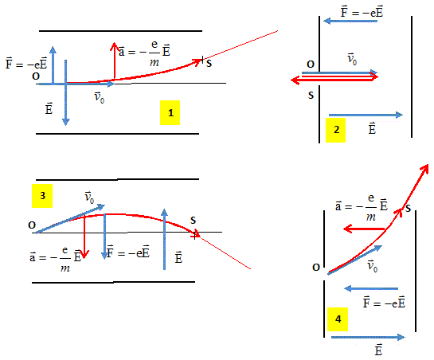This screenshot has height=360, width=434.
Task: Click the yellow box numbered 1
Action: pyautogui.click(x=170, y=113)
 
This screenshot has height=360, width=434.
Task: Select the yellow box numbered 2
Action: pyautogui.click(x=335, y=130)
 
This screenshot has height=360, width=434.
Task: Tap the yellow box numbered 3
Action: pyautogui.click(x=42, y=196)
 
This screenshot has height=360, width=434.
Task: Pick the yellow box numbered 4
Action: pyautogui.click(x=338, y=319)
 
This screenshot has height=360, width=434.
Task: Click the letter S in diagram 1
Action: pyautogui.click(x=209, y=64)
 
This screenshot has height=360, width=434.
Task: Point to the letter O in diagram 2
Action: pyautogui.click(x=311, y=65)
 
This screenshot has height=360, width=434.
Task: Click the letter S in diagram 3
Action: pyautogui.click(x=193, y=221)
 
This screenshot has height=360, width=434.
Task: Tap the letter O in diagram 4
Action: pyautogui.click(x=316, y=268)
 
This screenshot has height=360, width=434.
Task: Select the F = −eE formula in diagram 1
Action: pyautogui.click(x=26, y=63)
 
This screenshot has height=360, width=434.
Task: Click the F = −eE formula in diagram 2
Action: pyautogui.click(x=362, y=13)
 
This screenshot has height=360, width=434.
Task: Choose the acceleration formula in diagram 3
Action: pyautogui.click(x=56, y=258)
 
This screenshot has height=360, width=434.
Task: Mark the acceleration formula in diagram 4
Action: pyautogui.click(x=362, y=207)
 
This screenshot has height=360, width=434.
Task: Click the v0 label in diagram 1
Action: pyautogui.click(x=99, y=97)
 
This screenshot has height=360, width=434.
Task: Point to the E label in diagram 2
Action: pyautogui.click(x=372, y=128)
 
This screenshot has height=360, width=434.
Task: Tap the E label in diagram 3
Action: pyautogui.click(x=178, y=257)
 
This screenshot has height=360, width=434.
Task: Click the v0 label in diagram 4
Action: pyautogui.click(x=372, y=266)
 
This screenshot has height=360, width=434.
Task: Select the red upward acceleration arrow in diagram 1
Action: pyautogui.click(x=114, y=61)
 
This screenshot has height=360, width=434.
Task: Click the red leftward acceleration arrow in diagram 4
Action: pyautogui.click(x=365, y=229)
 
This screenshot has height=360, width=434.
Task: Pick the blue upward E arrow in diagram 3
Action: pyautogui.click(x=164, y=239)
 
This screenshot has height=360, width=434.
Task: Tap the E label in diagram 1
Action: pyautogui.click(x=49, y=108)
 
